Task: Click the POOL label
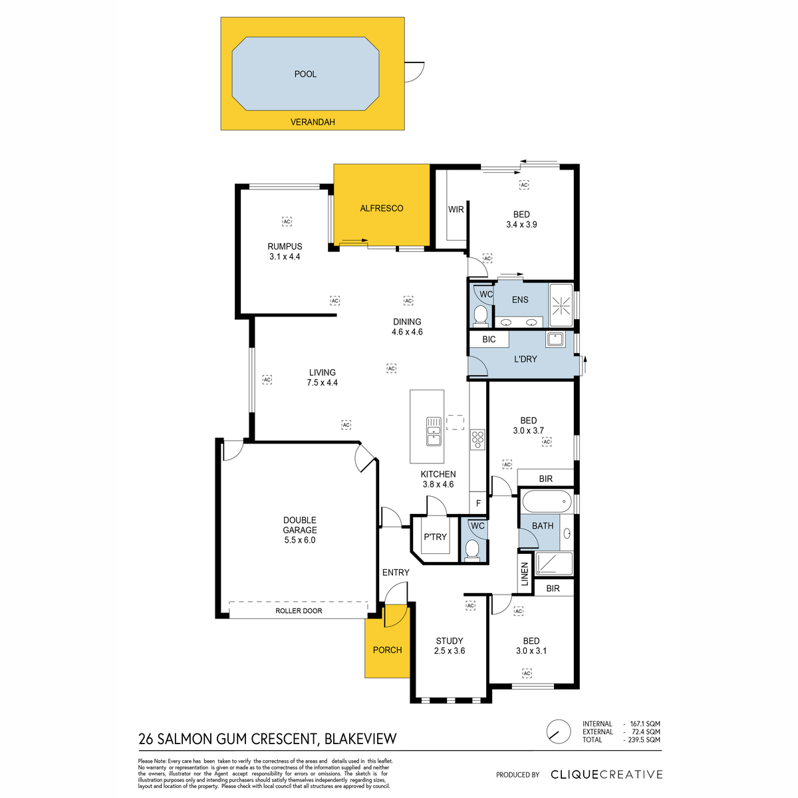point(305,74)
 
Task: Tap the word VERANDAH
point(313,122)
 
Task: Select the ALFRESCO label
point(382,208)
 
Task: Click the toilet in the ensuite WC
point(480,315)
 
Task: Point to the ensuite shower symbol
point(561,306)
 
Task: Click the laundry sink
point(555,339)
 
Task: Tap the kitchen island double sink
point(434,432)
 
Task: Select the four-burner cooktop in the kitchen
point(477,440)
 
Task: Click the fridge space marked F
point(478,503)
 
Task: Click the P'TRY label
point(435,537)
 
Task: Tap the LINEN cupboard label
point(525,574)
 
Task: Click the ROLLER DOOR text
point(299,611)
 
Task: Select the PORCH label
point(387,650)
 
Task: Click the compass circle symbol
point(559,731)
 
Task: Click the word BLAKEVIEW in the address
point(360,739)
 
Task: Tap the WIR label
point(456,209)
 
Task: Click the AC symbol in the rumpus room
point(287,221)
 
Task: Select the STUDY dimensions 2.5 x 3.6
point(450,650)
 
